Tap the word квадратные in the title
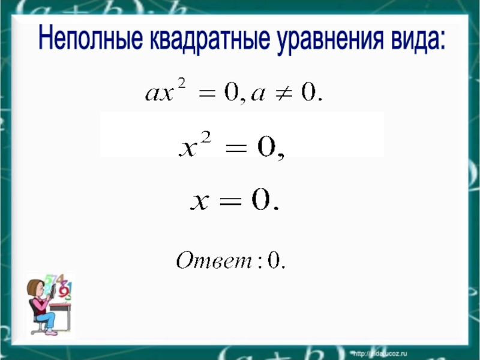point(211,39)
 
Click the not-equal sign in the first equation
point(283,93)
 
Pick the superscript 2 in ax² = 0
point(182,83)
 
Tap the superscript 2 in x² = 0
point(206,138)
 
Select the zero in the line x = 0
point(261,199)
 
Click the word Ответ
point(214,260)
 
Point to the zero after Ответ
point(274,261)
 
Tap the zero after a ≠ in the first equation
point(308,92)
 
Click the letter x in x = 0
point(200,202)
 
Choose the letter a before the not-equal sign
point(258,95)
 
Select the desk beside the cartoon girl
point(62,316)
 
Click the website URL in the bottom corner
point(380,354)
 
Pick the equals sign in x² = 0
point(236,149)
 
